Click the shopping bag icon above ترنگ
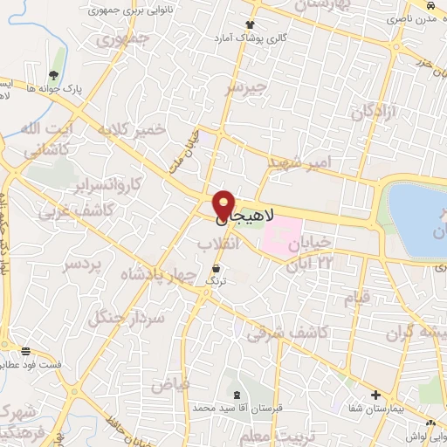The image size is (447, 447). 216,267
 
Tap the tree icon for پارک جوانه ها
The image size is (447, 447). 54,75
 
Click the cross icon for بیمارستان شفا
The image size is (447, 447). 376,395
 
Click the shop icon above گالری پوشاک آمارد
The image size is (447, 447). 251,25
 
